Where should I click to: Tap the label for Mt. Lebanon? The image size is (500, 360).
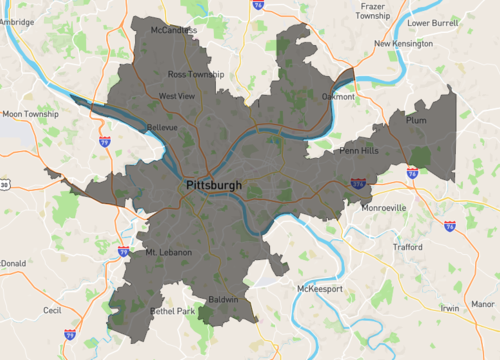[x=168, y=252]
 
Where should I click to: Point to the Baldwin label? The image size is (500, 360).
[x=223, y=299]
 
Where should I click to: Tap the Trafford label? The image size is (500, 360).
[x=408, y=247]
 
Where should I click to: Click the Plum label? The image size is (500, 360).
[x=416, y=120]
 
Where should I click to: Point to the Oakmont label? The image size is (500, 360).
[x=338, y=97]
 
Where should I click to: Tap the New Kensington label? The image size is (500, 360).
[x=403, y=44]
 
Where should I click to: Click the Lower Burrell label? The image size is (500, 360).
[x=431, y=22]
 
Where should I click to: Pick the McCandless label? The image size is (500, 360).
[x=174, y=31]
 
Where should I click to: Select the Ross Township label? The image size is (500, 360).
[x=196, y=74]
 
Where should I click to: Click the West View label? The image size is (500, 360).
[x=176, y=96]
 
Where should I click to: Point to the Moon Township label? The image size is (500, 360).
[x=30, y=114]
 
